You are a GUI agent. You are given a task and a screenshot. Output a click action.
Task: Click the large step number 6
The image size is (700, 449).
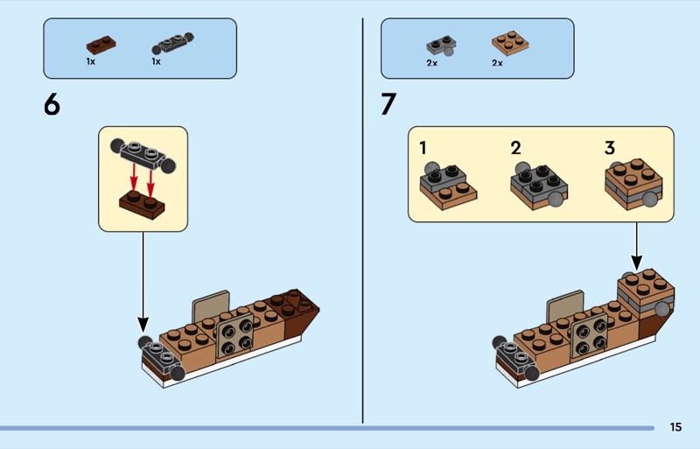(52, 104)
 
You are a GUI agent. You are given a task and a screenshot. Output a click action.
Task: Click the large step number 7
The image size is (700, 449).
(388, 104)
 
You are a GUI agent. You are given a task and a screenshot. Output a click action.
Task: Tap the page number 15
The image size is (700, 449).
(675, 427)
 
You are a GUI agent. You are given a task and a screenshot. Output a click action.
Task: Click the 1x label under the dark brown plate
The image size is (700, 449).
(91, 62)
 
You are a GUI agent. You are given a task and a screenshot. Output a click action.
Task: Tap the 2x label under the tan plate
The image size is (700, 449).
(497, 63)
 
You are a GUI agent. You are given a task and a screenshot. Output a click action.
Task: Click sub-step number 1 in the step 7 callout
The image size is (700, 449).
(423, 148)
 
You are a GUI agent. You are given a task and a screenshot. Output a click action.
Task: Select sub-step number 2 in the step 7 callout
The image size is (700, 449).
(515, 148)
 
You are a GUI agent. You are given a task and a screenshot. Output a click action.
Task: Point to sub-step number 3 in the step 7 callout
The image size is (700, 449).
(610, 148)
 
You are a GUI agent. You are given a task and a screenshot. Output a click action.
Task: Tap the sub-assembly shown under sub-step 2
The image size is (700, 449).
(539, 183)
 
